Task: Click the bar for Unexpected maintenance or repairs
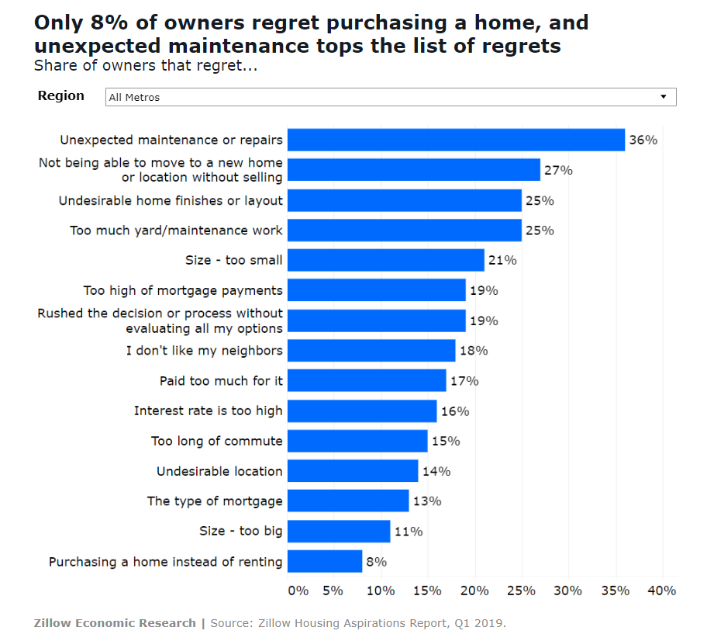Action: [x=456, y=140]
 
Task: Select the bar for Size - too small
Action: [x=385, y=260]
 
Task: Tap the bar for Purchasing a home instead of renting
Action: [x=325, y=561]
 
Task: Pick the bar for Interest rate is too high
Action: [x=362, y=411]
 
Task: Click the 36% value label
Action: [x=643, y=140]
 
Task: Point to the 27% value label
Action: [x=559, y=170]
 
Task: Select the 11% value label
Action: [x=409, y=532]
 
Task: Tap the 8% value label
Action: [x=376, y=562]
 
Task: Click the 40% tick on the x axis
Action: [x=661, y=591]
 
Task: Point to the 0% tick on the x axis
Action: [x=298, y=591]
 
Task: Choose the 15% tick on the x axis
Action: [x=427, y=591]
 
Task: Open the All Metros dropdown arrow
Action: [x=664, y=97]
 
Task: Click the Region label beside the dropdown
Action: [x=61, y=95]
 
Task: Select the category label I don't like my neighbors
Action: [x=205, y=351]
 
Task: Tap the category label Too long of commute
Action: [x=217, y=441]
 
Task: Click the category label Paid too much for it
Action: [x=221, y=381]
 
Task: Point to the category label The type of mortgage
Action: [x=215, y=501]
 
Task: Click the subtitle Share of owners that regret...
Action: [x=146, y=66]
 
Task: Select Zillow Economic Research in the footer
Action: [x=115, y=623]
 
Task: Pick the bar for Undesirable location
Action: [x=353, y=471]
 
